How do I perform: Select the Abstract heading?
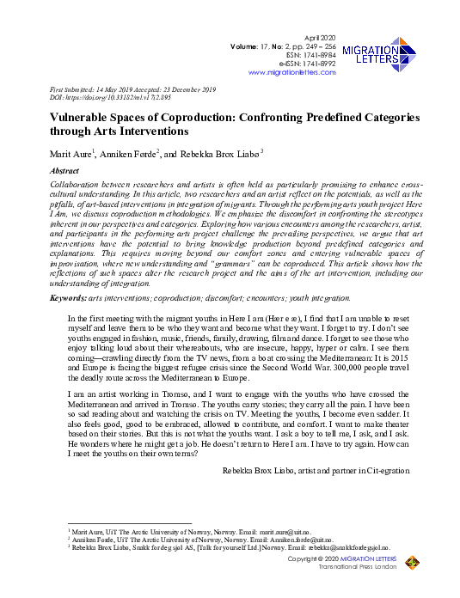click(x=67, y=171)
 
